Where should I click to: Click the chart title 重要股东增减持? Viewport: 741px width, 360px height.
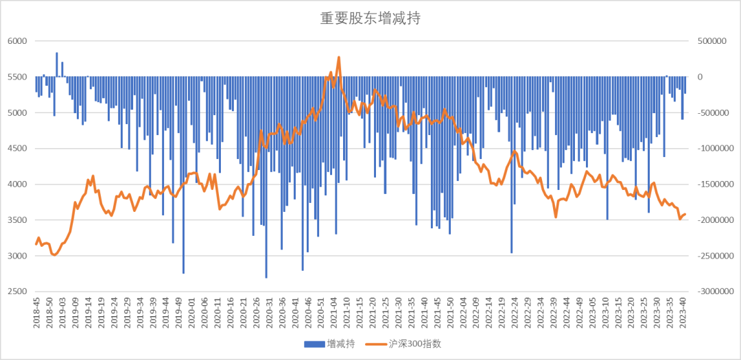click(370, 19)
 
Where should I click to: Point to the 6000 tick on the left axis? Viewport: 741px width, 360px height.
click(17, 41)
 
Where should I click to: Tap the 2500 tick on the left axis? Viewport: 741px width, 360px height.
click(17, 291)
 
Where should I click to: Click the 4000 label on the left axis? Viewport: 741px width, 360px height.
click(17, 184)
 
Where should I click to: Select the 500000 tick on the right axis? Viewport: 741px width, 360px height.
click(712, 41)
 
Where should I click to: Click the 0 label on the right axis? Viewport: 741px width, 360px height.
click(700, 77)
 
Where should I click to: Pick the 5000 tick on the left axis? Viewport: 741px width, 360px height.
click(17, 112)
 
